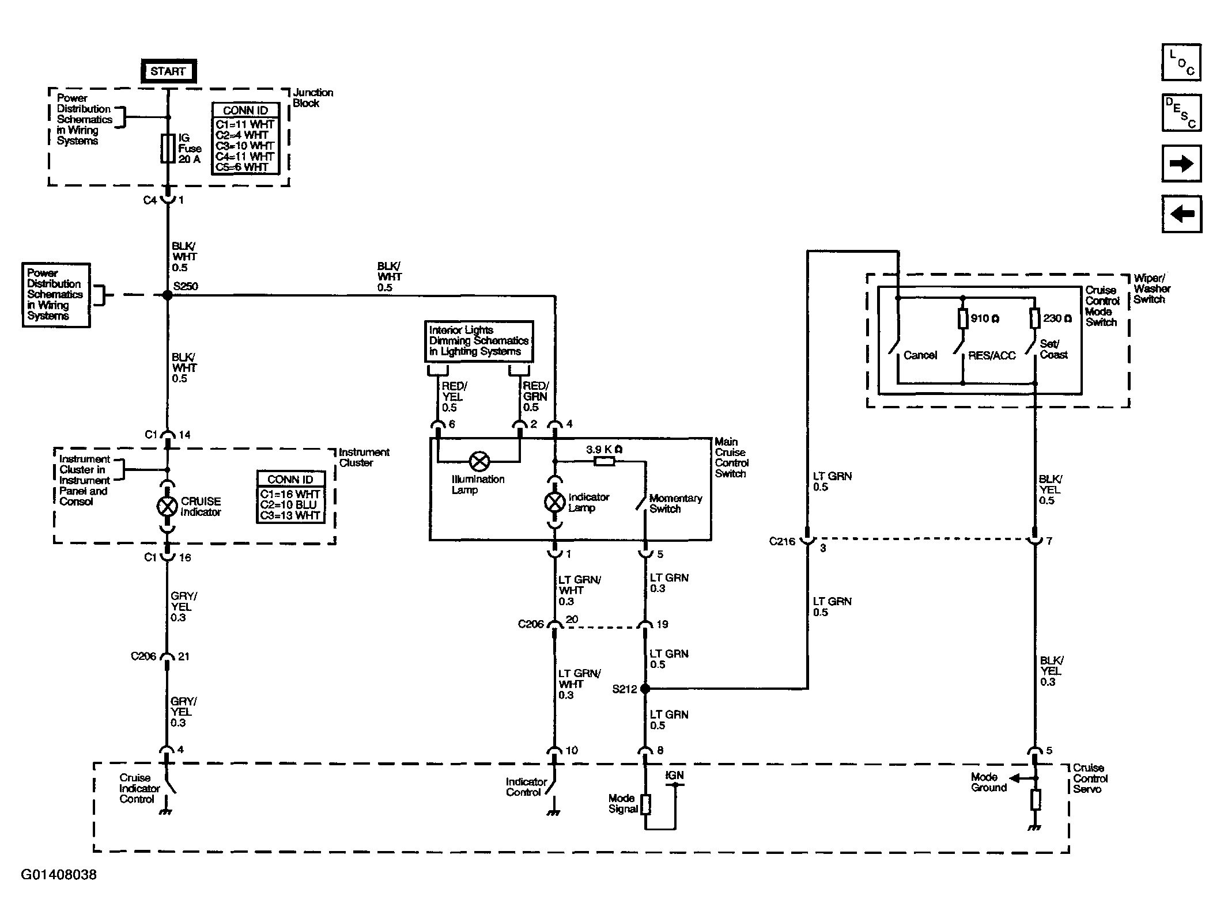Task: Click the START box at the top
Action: [x=168, y=71]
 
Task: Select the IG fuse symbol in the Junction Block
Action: [x=168, y=149]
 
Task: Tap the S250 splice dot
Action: [x=168, y=295]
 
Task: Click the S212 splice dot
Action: [x=645, y=688]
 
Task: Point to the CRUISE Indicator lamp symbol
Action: [x=168, y=507]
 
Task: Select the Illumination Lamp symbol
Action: [x=479, y=461]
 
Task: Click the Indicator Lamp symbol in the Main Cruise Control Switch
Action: [x=555, y=502]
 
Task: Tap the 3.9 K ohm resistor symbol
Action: [x=604, y=461]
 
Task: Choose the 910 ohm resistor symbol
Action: [x=962, y=318]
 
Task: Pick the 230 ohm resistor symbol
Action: [x=1034, y=318]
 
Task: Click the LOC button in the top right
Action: [x=1181, y=62]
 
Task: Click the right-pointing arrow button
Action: [x=1181, y=164]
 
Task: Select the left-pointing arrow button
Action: [x=1181, y=214]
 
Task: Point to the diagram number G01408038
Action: [x=59, y=875]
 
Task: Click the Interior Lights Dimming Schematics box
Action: [x=479, y=341]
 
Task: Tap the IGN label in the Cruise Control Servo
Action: [x=674, y=776]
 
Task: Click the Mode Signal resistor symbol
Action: [x=645, y=804]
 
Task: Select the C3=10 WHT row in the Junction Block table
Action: [x=245, y=146]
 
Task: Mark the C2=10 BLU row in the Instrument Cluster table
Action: [x=290, y=505]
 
